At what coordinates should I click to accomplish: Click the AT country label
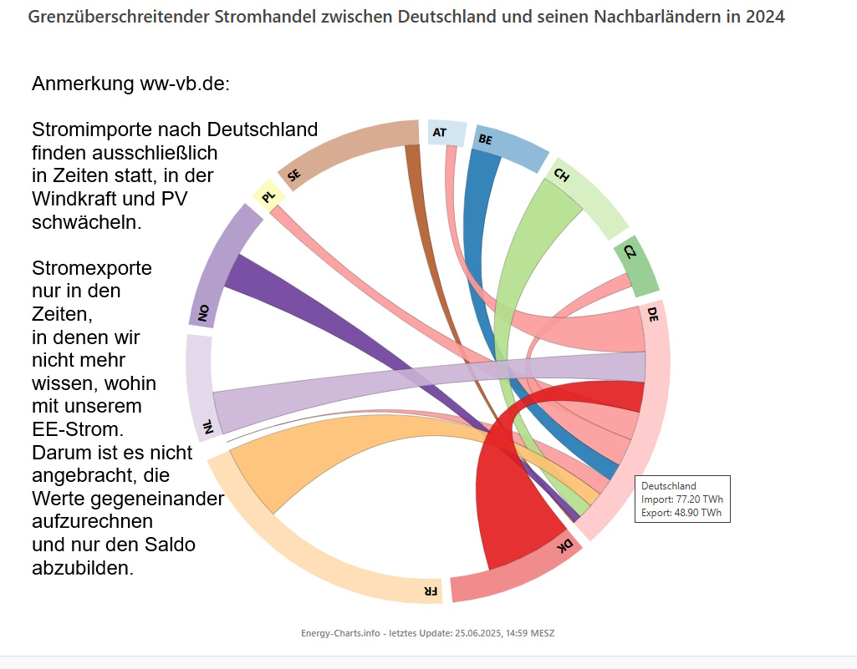coord(440,132)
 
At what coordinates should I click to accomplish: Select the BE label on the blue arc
coord(485,140)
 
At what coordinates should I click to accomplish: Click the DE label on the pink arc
coord(652,313)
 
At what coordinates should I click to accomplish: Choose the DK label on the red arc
coord(565,545)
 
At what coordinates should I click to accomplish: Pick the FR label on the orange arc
coord(430,590)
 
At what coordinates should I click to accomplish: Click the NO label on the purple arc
coord(202,313)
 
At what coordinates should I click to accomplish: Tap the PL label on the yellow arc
coord(268,197)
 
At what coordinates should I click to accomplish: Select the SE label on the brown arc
coord(293,175)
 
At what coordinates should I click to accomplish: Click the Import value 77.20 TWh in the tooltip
coord(701,499)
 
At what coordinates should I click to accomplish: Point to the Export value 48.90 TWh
coord(700,513)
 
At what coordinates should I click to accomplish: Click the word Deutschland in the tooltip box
coord(668,485)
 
